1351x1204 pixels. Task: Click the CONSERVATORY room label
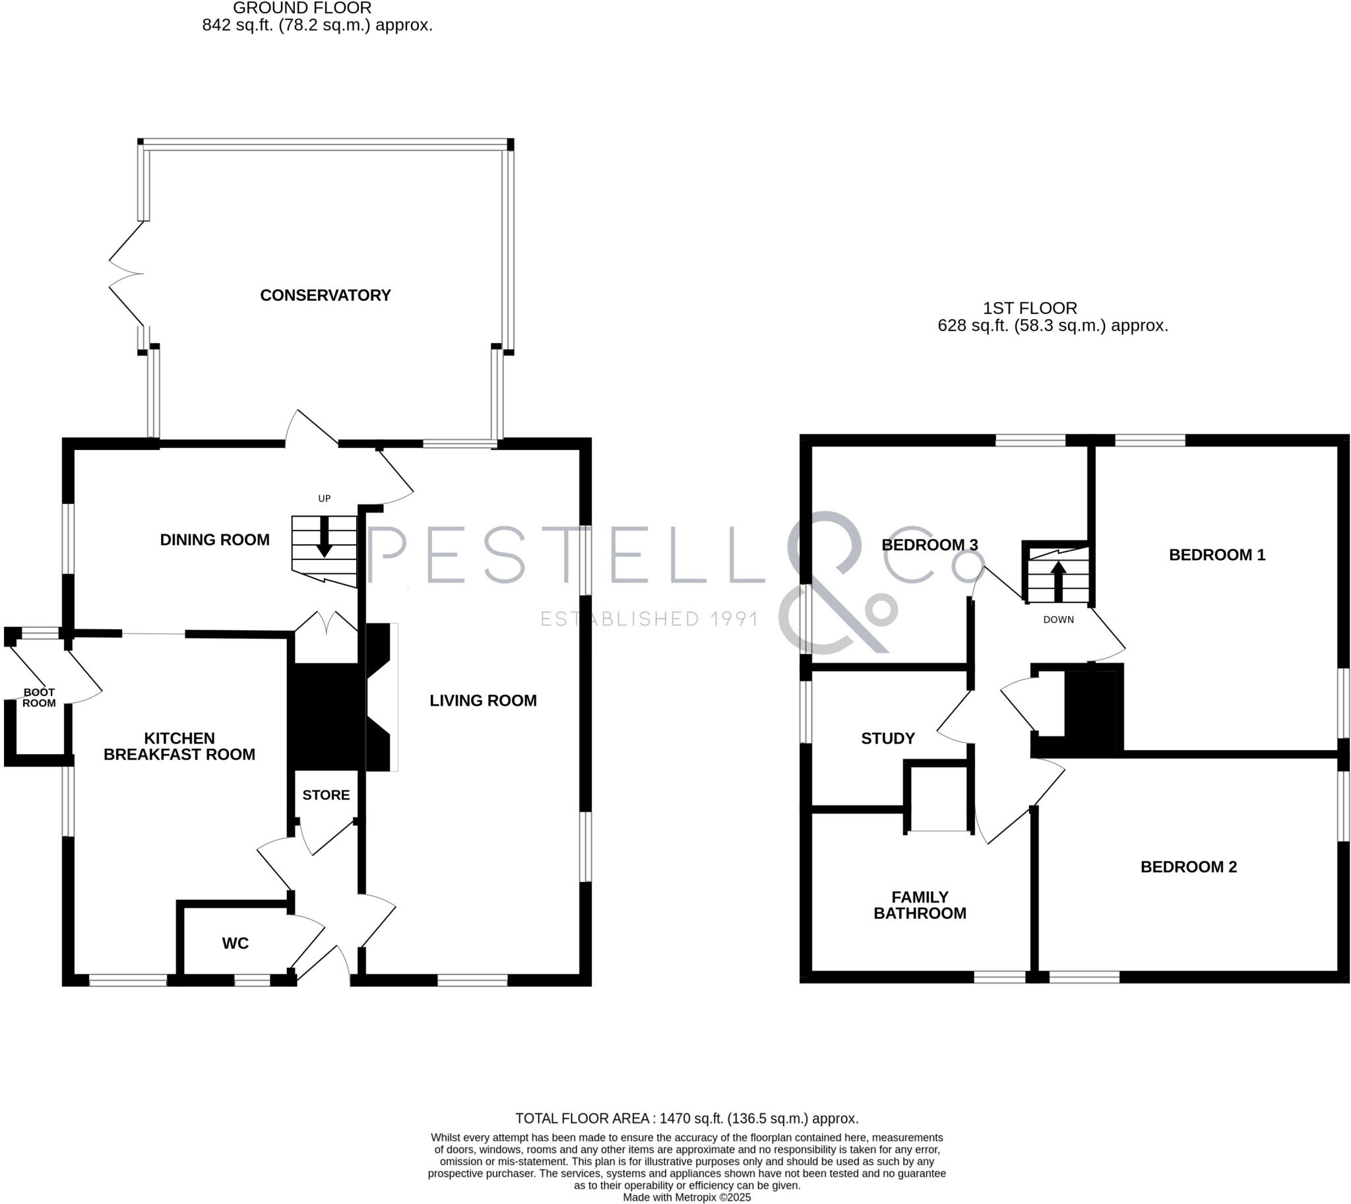click(x=325, y=295)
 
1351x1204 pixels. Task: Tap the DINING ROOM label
click(x=214, y=540)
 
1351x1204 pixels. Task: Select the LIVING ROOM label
click(x=483, y=701)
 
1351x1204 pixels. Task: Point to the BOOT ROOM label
click(x=39, y=697)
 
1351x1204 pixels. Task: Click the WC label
click(x=235, y=943)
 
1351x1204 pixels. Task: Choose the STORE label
click(x=325, y=794)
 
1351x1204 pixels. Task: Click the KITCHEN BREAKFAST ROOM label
click(x=179, y=746)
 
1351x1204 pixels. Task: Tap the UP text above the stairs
click(x=324, y=499)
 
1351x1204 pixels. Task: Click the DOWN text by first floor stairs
click(x=1058, y=620)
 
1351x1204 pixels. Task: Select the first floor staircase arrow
click(x=1059, y=581)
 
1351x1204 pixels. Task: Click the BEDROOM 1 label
click(x=1216, y=555)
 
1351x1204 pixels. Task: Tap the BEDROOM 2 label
click(x=1188, y=867)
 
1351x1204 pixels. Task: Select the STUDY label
click(x=888, y=738)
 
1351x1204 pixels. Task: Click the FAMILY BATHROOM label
click(x=920, y=905)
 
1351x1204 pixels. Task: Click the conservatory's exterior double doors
click(x=126, y=273)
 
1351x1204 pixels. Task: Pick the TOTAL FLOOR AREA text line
click(x=687, y=1119)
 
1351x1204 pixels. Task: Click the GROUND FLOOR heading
click(x=301, y=8)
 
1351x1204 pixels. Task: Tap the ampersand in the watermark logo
click(x=837, y=582)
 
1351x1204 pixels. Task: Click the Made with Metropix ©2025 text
click(x=687, y=1197)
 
